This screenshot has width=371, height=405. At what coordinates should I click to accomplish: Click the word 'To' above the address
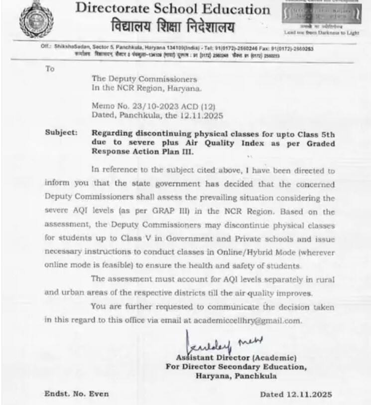click(x=50, y=69)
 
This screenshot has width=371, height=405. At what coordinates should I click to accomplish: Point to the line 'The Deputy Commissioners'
click(x=144, y=79)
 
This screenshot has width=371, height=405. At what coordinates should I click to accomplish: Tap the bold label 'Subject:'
click(x=61, y=133)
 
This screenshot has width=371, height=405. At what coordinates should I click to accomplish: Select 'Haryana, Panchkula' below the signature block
click(x=236, y=376)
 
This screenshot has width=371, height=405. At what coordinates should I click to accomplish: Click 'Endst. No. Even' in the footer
click(x=76, y=394)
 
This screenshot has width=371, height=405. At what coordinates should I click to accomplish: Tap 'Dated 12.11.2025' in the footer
click(x=295, y=395)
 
